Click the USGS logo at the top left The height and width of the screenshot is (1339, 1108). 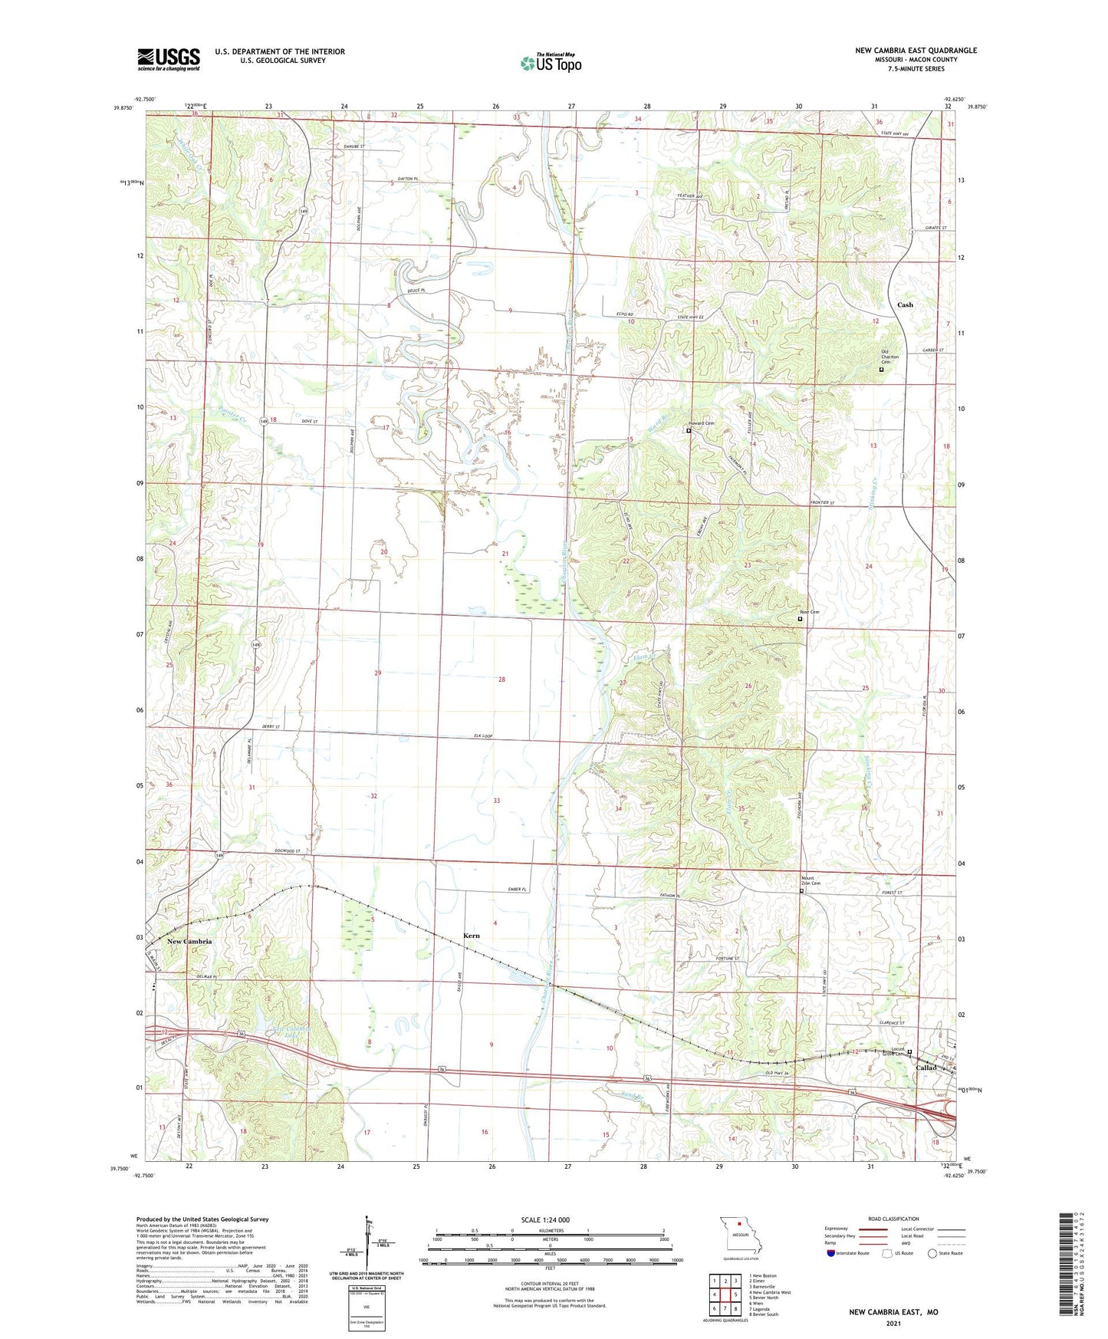(169, 58)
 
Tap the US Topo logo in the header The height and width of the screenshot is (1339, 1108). (551, 63)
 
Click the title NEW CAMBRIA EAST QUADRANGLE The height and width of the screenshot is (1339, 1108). (916, 51)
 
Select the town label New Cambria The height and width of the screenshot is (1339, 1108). (189, 941)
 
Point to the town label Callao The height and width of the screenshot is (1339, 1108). (926, 1068)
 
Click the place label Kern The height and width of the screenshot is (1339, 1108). (472, 936)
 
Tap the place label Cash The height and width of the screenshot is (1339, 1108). (905, 304)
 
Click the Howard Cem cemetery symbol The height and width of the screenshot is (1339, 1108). (688, 431)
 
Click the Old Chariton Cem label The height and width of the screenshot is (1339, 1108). (889, 357)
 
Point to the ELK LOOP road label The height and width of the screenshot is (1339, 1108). (482, 737)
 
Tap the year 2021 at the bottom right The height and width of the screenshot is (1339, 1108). (893, 1324)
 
